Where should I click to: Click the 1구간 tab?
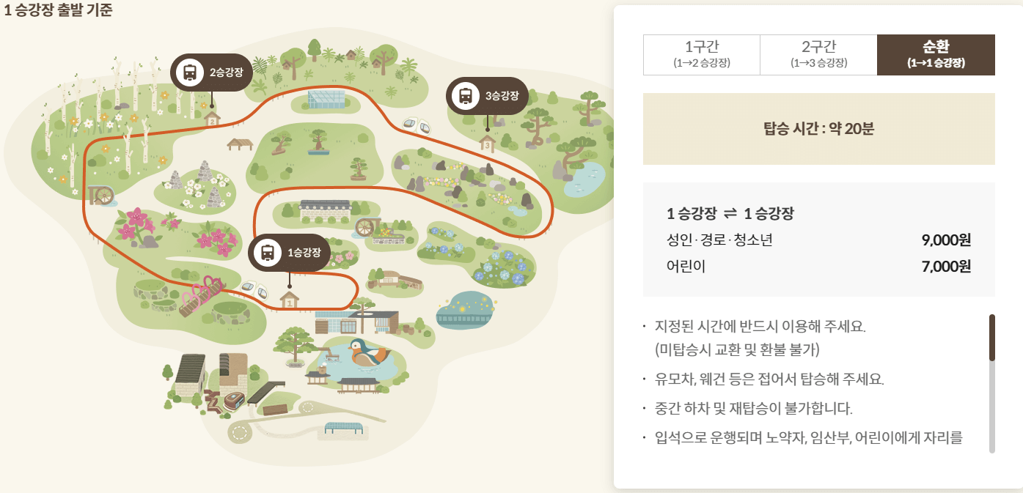(x=701, y=54)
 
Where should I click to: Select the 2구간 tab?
(x=818, y=54)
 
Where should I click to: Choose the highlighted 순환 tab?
(x=936, y=54)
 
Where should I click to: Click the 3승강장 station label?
(x=502, y=96)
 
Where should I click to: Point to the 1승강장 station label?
(x=304, y=253)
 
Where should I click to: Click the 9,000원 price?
(x=945, y=240)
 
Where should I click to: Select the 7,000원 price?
(x=945, y=267)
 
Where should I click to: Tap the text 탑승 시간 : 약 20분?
(x=818, y=129)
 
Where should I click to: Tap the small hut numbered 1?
(x=290, y=300)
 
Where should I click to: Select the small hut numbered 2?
(x=212, y=119)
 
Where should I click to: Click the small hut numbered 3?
(x=487, y=144)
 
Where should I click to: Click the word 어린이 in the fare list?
(x=686, y=267)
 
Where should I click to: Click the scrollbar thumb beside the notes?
(x=991, y=338)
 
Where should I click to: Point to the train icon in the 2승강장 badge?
(x=190, y=72)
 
